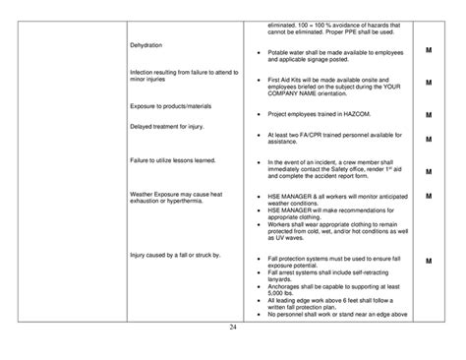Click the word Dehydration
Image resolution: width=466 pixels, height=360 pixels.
tap(147, 45)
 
